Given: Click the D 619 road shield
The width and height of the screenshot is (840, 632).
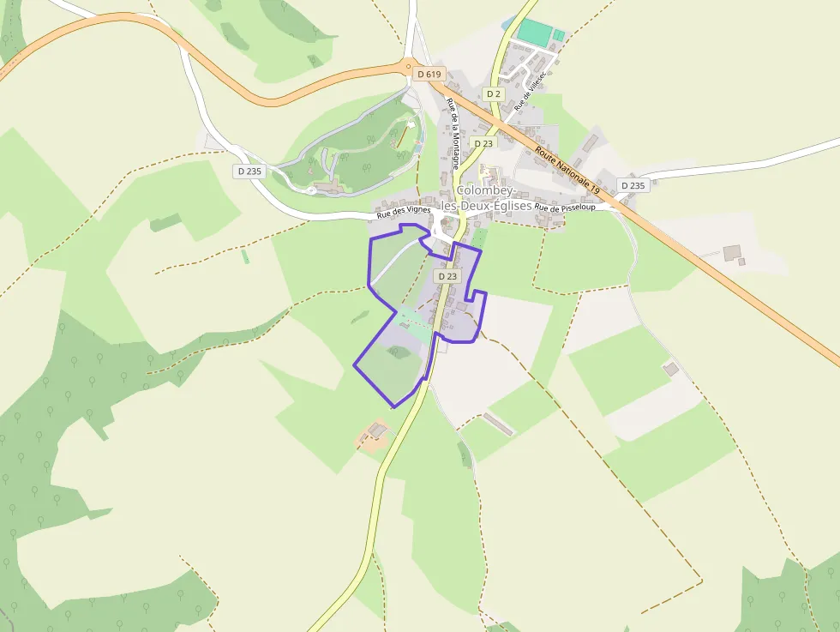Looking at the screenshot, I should (429, 75).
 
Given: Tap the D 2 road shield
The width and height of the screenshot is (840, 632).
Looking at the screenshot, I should (492, 93).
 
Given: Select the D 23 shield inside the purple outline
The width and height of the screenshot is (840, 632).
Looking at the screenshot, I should (447, 276).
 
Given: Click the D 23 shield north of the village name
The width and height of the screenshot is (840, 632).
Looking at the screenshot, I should (483, 143).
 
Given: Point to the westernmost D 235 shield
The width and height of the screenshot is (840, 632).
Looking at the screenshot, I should (249, 171).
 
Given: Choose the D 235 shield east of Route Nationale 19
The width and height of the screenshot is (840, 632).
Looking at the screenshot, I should (632, 185).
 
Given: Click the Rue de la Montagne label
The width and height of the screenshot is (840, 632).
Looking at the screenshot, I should (454, 133).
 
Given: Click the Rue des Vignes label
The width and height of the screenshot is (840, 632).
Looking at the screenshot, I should (403, 213).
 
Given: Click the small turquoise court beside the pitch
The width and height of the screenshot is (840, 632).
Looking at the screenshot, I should (559, 35).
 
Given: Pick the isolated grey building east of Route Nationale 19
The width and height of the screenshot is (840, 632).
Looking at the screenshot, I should (733, 252).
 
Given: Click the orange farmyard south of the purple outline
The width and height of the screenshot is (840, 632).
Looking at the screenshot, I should (375, 436).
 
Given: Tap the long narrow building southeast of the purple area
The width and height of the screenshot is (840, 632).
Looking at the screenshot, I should (498, 424).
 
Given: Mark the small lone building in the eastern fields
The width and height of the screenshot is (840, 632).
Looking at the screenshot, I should (671, 368).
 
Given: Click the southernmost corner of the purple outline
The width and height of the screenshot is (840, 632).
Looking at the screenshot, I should (393, 406).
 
